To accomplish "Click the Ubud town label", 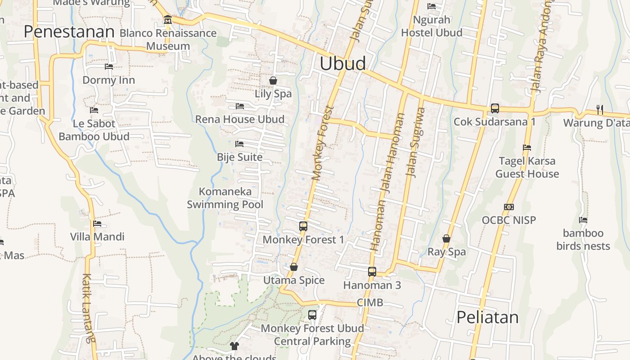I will [343, 63].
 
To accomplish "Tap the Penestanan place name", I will [69, 31].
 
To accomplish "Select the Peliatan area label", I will [487, 317].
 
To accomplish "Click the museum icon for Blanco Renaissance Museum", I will [168, 20].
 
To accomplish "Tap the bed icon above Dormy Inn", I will [109, 67].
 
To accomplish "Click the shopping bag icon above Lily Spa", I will [273, 81].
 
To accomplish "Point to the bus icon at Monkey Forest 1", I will [303, 226].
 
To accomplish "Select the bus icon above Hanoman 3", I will [372, 271].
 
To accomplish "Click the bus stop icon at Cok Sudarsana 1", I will [495, 108].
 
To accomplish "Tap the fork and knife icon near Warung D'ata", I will [599, 109].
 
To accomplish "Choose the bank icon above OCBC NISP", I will [509, 207].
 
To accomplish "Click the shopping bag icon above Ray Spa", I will [446, 238].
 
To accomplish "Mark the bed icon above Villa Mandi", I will [97, 224].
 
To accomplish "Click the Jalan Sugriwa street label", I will [414, 142].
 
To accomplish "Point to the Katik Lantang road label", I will [88, 308].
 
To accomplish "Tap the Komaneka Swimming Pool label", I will [225, 198].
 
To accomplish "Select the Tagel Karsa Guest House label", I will [527, 167].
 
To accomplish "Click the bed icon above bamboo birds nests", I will [583, 220].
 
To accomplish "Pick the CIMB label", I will [370, 302].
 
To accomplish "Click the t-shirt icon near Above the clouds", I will [234, 346].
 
